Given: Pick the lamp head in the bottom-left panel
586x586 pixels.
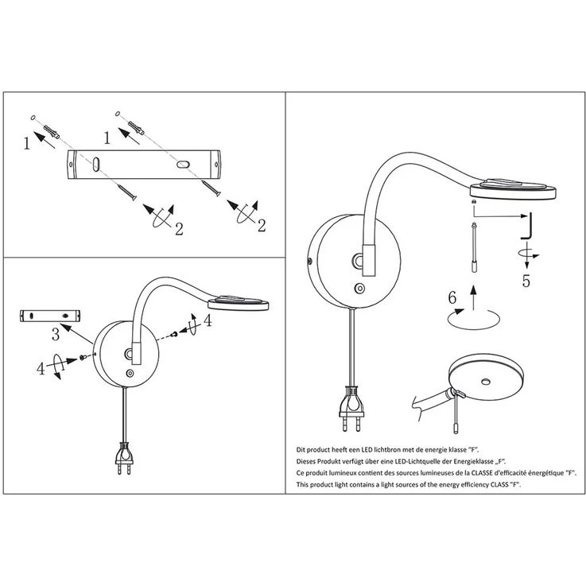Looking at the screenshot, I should [236, 302].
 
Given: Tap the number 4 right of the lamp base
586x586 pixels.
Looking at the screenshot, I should [208, 321].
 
